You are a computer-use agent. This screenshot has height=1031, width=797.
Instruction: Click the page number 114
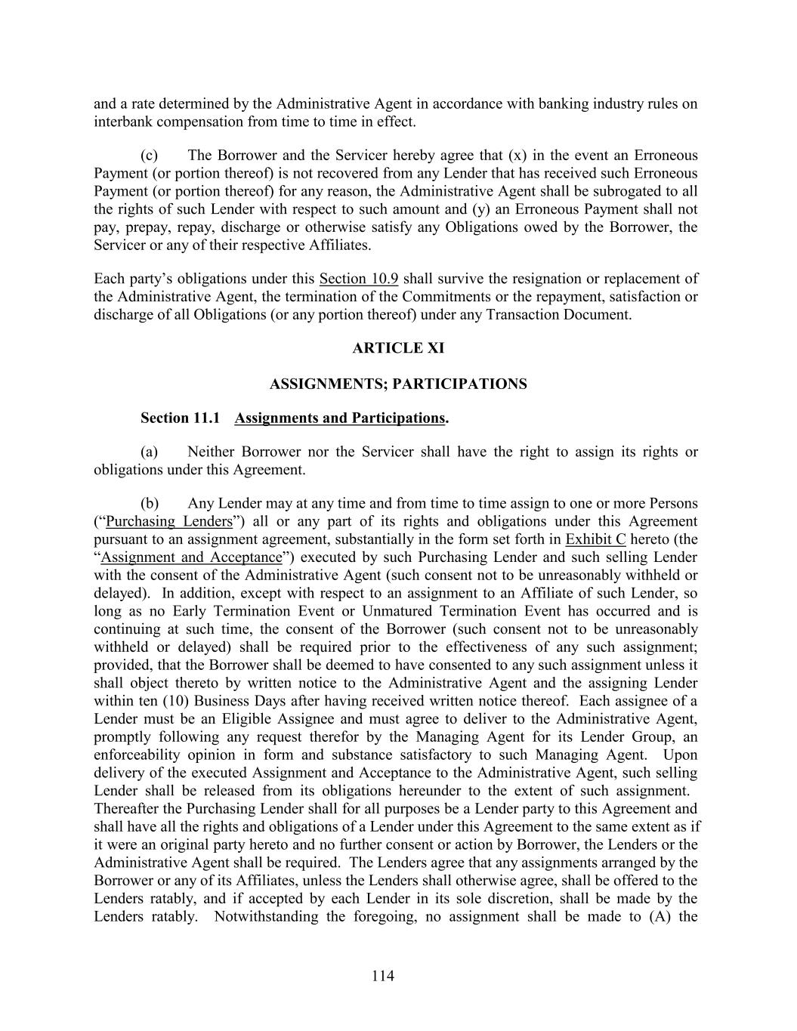tap(383, 976)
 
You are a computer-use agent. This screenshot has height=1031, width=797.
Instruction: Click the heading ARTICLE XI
tap(398, 348)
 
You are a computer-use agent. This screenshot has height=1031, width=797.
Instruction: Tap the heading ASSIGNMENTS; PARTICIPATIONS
tap(398, 384)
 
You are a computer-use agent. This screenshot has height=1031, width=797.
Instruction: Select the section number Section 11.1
tap(180, 418)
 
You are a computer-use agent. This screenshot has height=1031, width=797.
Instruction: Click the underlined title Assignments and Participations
tap(339, 418)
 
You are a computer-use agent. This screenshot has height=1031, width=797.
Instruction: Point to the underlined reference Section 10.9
tap(359, 279)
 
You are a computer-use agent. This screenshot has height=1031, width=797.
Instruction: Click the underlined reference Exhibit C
tap(595, 539)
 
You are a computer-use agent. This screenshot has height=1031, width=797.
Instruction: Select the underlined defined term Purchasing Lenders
tap(169, 521)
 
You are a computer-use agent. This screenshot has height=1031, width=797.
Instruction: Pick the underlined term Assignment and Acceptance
tap(191, 557)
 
